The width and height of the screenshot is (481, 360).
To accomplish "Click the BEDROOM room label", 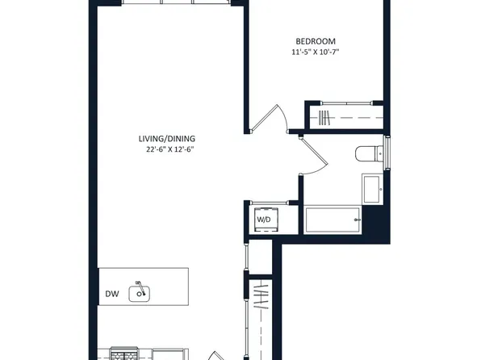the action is [x=316, y=41].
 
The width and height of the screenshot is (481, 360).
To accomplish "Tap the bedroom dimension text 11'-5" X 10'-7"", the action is [x=316, y=52].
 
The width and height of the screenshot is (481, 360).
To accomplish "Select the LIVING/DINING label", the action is [x=166, y=139].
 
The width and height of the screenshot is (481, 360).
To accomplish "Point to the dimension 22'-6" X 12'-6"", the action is [x=170, y=150].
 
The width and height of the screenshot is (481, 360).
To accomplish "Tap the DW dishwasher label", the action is [x=112, y=294].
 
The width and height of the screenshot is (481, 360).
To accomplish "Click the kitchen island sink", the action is [x=140, y=294].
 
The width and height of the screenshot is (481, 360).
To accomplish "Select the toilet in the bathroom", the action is [x=369, y=153].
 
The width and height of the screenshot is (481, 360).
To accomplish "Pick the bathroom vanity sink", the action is [x=372, y=189].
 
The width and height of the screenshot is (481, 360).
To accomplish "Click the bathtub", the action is [x=333, y=220].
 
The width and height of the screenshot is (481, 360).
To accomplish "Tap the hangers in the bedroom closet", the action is [x=324, y=118].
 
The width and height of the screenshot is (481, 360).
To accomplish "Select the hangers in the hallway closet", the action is [x=261, y=296].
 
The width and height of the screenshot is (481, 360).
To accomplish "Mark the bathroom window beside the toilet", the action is [x=387, y=153].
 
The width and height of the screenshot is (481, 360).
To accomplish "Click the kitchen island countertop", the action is [x=144, y=287].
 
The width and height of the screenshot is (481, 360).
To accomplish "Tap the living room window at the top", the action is [x=176, y=2].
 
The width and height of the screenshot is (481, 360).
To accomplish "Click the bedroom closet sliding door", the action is [x=347, y=103].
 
